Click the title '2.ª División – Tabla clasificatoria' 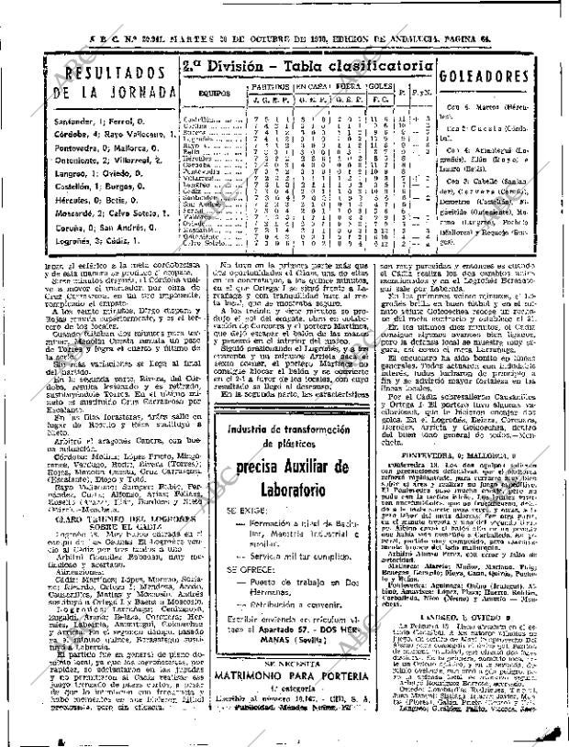[307, 65]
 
